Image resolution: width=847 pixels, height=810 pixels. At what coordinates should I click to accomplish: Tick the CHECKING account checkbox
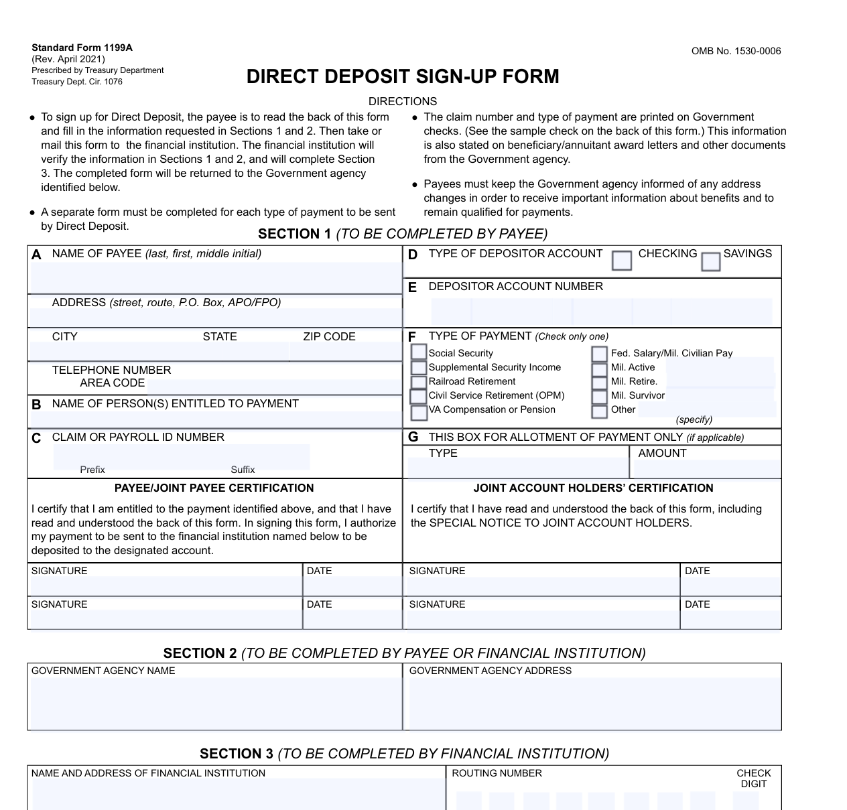click(x=622, y=260)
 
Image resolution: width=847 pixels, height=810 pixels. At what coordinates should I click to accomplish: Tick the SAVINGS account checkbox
click(x=710, y=261)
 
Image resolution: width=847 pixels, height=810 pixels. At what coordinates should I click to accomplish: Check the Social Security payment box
click(x=419, y=352)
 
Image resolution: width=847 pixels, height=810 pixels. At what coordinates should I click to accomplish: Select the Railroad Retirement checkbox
click(x=419, y=382)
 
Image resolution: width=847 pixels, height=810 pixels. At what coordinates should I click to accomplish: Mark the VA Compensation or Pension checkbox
click(x=419, y=411)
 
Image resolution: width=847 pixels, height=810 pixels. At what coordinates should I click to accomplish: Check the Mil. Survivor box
click(x=599, y=396)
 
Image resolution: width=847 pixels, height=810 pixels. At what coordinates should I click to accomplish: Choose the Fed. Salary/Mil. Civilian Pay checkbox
click(x=599, y=353)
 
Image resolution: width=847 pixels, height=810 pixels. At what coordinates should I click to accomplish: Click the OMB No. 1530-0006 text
click(x=736, y=51)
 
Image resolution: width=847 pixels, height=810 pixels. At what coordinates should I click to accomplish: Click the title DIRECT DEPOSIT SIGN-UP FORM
click(x=403, y=76)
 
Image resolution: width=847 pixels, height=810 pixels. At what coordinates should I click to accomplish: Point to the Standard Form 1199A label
click(x=82, y=48)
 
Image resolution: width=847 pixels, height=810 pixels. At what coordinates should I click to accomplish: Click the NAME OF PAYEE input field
click(x=214, y=276)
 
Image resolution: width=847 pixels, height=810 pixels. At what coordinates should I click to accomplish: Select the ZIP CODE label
click(x=329, y=336)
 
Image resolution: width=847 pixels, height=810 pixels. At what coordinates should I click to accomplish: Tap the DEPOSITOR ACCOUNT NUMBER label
click(x=515, y=286)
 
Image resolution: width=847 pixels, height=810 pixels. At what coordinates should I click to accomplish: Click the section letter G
click(x=413, y=437)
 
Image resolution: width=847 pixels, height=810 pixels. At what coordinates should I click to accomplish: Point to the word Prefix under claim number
click(x=92, y=470)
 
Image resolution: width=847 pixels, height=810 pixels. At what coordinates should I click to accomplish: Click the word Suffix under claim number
click(x=243, y=470)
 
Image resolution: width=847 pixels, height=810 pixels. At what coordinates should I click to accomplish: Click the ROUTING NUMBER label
click(x=497, y=773)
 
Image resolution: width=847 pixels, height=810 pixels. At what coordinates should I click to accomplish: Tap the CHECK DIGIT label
click(x=753, y=779)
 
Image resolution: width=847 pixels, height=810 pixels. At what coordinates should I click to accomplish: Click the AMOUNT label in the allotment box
click(x=662, y=453)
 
